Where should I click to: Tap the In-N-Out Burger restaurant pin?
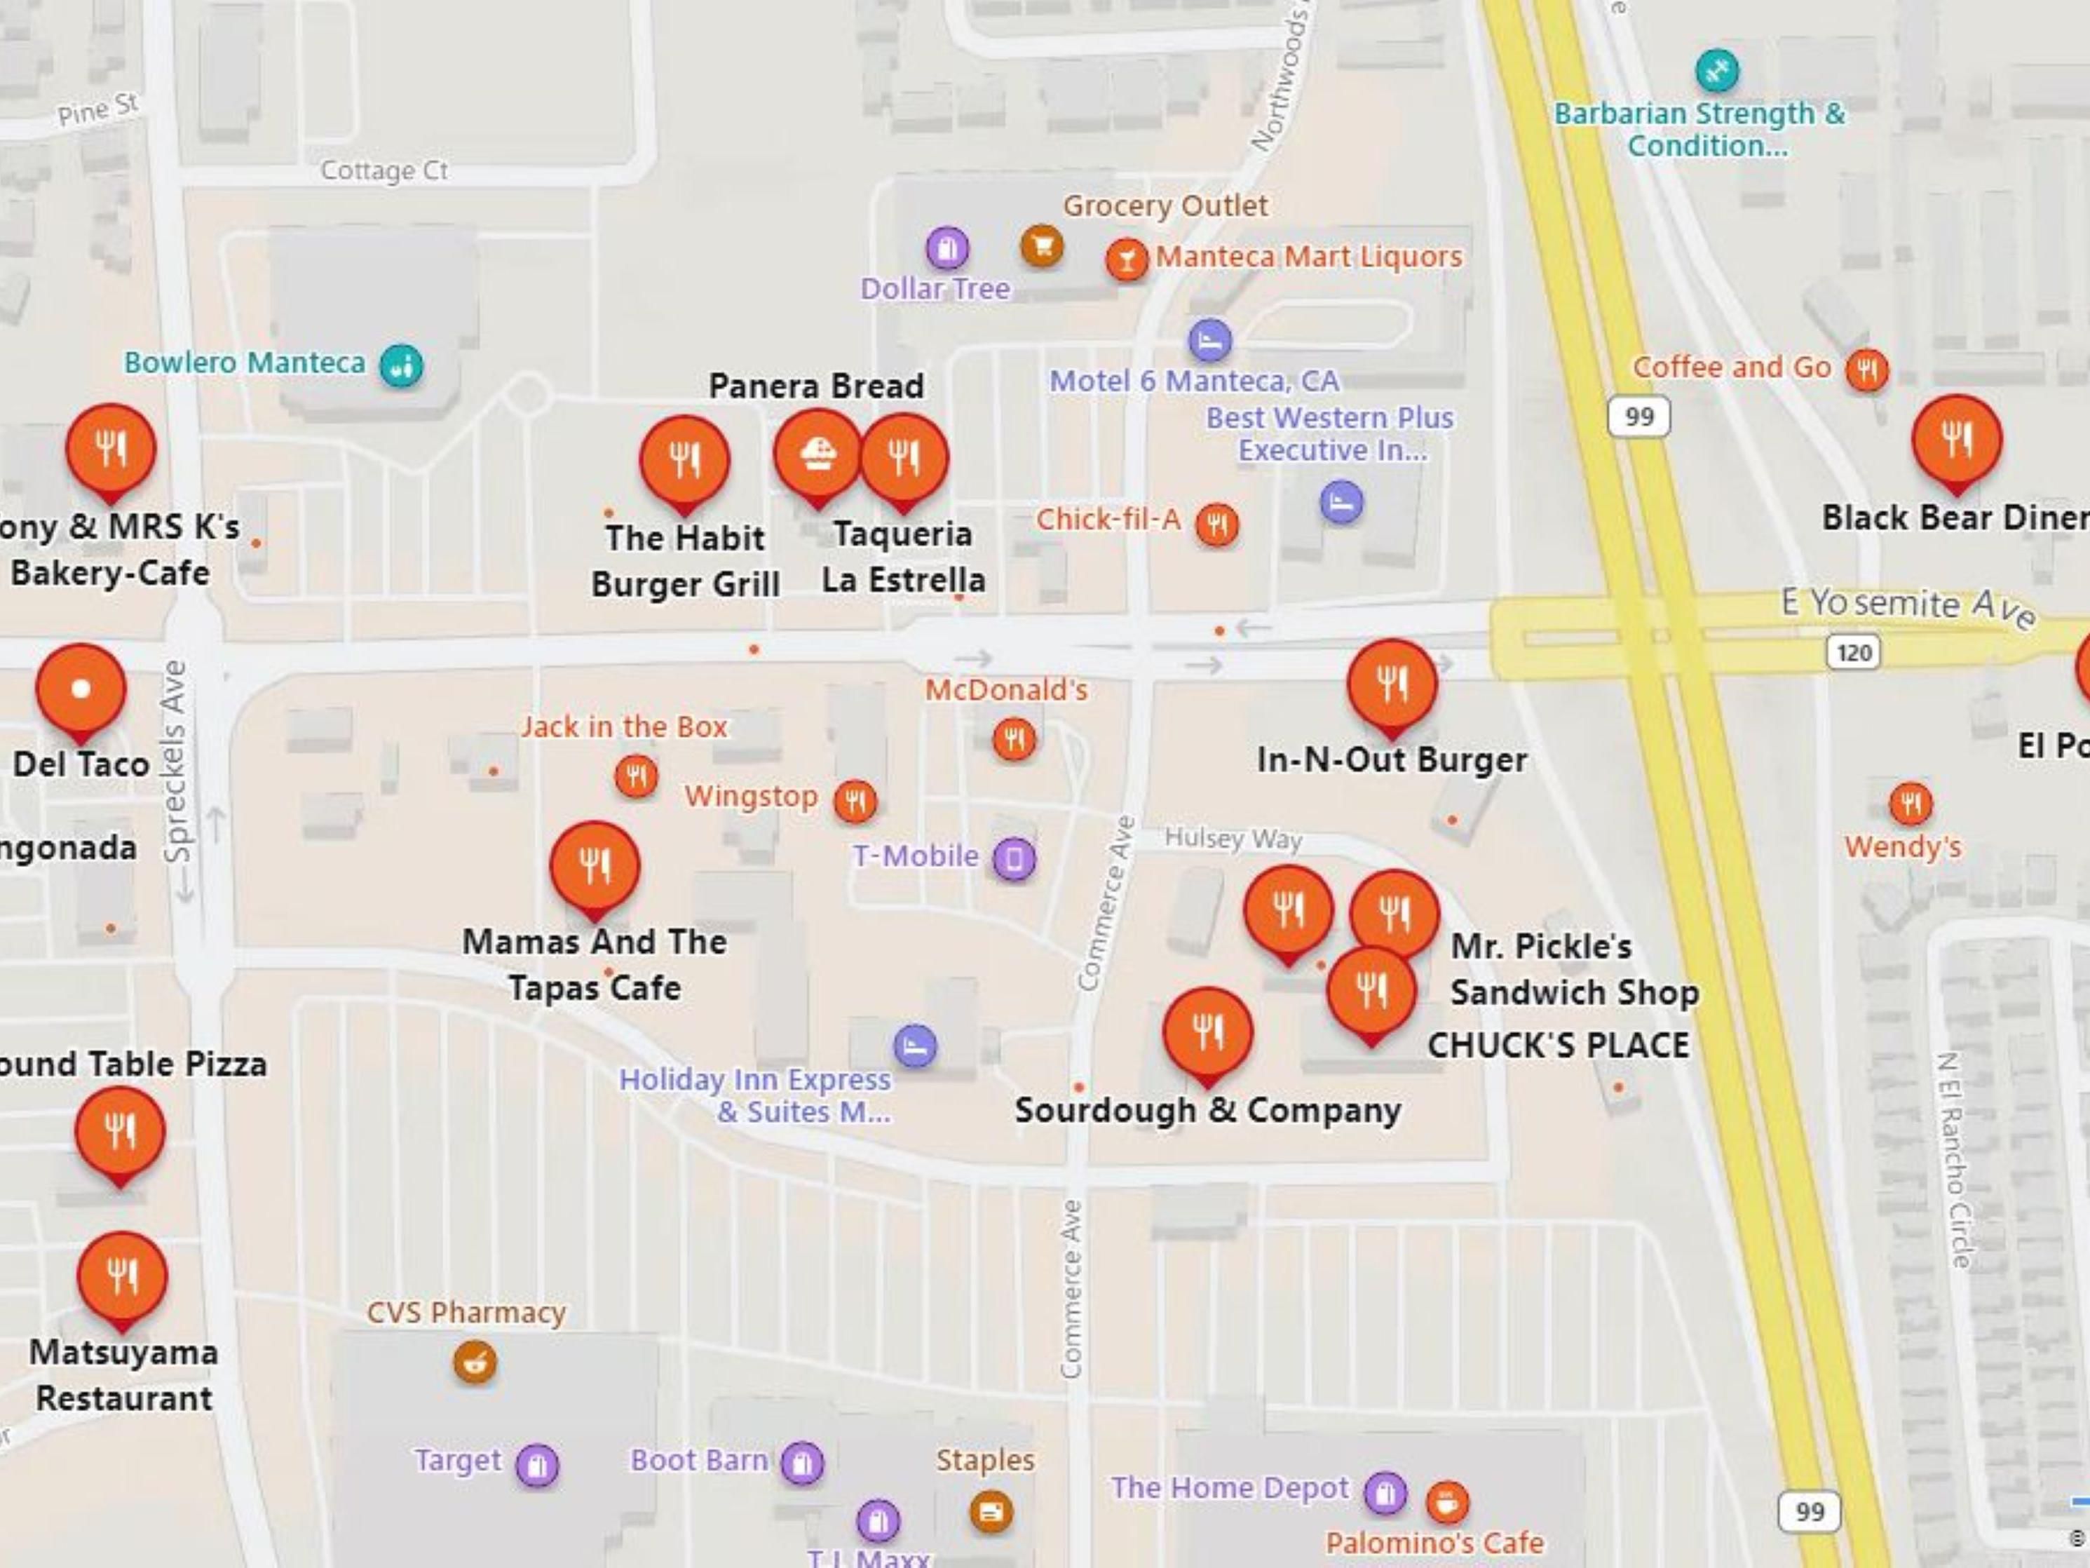1392,683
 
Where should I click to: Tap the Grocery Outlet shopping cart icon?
1041,247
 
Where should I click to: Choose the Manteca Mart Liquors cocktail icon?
1126,258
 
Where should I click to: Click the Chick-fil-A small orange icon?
1217,525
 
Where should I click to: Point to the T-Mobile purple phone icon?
1015,858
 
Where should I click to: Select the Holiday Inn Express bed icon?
915,1046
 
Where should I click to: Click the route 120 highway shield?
1853,652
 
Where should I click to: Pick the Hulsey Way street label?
1233,838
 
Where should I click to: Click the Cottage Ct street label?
384,171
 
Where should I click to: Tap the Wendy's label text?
1903,847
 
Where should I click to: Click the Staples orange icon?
990,1511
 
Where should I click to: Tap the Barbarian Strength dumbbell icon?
1717,70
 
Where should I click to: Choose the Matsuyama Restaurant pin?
122,1276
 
